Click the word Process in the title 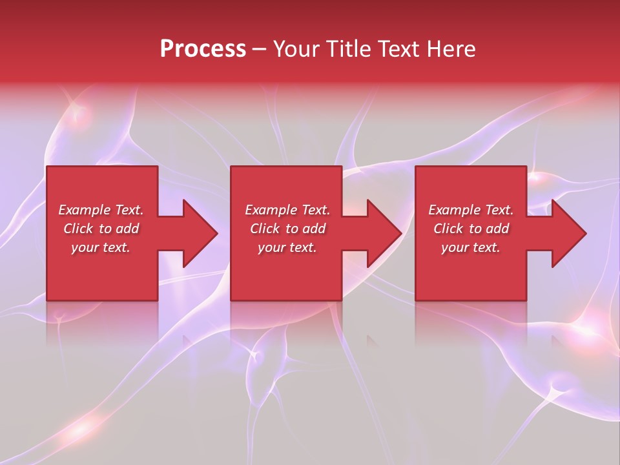click(203, 49)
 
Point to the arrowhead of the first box click(200, 233)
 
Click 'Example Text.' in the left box click(101, 210)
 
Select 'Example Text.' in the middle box click(287, 210)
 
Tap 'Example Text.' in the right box click(471, 210)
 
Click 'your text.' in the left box click(101, 247)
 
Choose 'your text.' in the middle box click(287, 247)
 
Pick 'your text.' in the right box click(471, 247)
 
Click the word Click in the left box click(78, 229)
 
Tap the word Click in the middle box click(265, 229)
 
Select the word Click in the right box click(448, 229)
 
